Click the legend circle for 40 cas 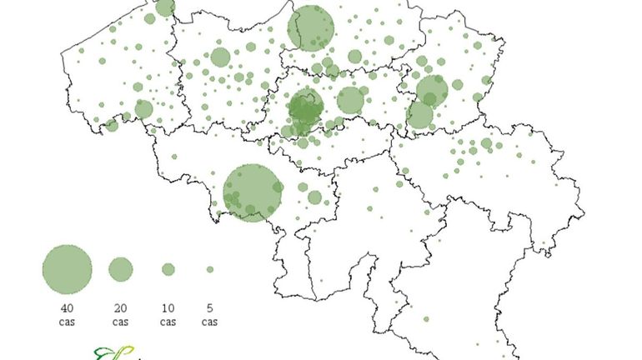[x=67, y=269]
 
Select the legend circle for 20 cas [x=120, y=269]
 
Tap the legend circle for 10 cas [x=168, y=269]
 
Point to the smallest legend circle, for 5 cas [x=210, y=269]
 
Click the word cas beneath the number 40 [x=67, y=321]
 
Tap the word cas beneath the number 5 [x=210, y=321]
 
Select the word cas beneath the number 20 [x=120, y=321]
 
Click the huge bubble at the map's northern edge [x=310, y=28]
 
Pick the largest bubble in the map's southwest [x=253, y=192]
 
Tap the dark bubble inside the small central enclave [x=305, y=107]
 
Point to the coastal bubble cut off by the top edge [x=165, y=7]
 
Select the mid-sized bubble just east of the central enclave [x=351, y=100]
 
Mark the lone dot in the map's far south [x=425, y=319]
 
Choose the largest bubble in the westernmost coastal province [x=143, y=109]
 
